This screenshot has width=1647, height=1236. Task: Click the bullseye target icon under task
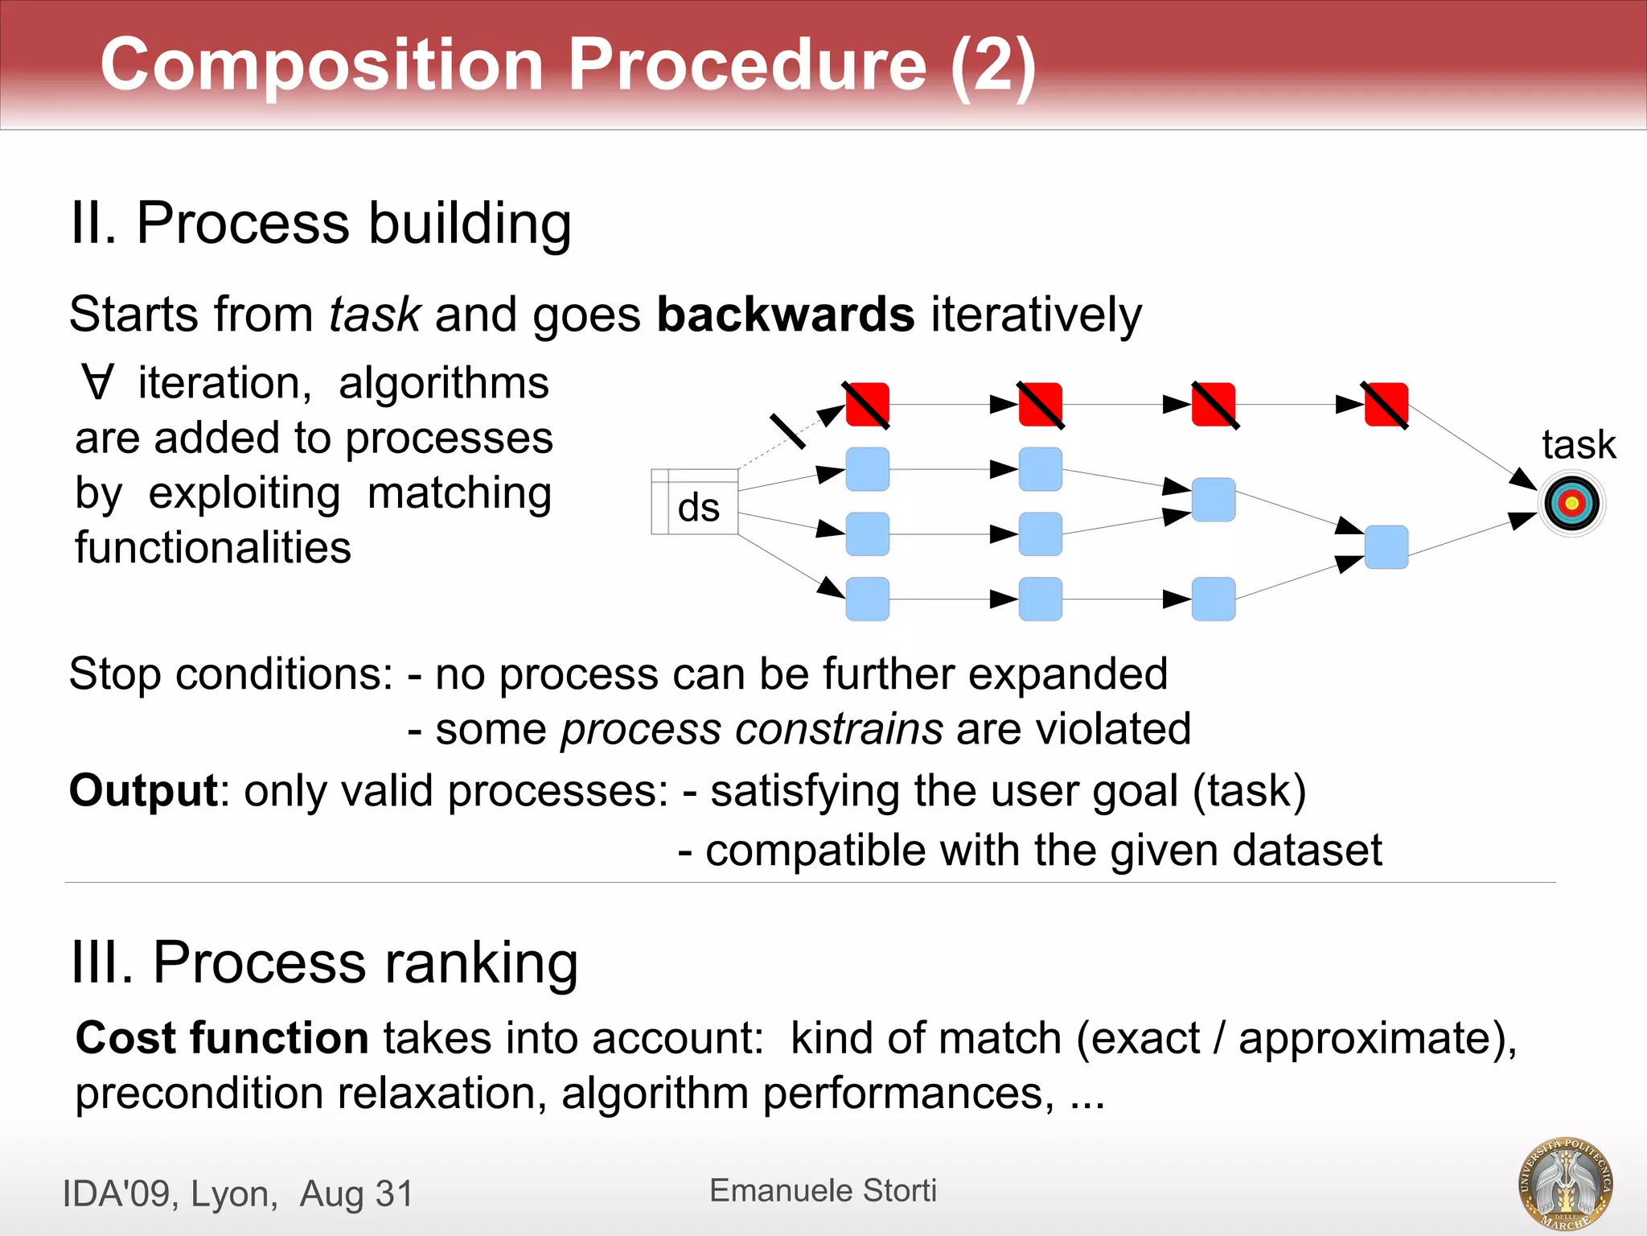pos(1572,504)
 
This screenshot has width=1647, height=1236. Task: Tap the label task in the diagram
pos(1578,444)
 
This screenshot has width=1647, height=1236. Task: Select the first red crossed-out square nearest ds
pos(867,405)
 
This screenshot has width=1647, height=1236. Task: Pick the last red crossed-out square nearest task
pos(1386,405)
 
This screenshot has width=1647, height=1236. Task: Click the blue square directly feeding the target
pos(1386,547)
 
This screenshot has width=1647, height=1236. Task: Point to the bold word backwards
pos(785,314)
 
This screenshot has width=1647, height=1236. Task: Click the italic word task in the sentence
pos(374,314)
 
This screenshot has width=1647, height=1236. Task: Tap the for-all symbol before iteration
pos(97,382)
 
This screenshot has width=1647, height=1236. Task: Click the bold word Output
pos(143,790)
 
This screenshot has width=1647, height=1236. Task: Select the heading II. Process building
pos(320,223)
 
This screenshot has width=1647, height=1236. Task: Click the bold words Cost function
pos(222,1037)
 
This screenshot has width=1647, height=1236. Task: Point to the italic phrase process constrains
pos(751,729)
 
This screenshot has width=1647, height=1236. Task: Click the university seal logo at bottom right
pos(1564,1183)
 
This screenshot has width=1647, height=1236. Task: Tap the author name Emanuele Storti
pos(823,1190)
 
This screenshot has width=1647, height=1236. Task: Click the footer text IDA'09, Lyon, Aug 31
pos(237,1193)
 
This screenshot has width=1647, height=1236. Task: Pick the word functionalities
pos(213,548)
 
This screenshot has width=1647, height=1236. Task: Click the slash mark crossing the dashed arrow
pos(787,431)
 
